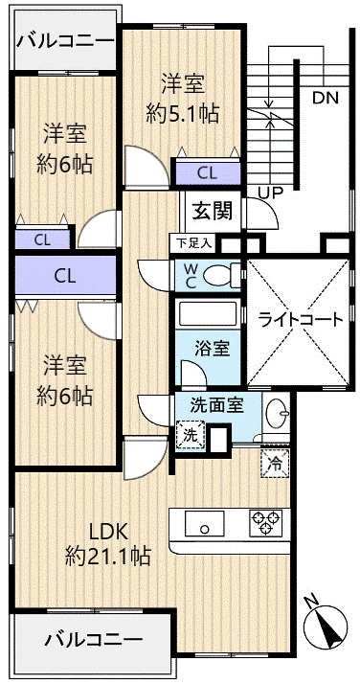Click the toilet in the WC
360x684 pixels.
tap(220, 275)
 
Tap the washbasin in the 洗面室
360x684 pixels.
tap(278, 412)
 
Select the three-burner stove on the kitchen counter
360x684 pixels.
tap(264, 523)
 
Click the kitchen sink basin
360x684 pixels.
tap(204, 523)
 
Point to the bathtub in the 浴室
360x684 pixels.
tap(208, 313)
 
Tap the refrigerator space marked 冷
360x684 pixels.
tap(273, 462)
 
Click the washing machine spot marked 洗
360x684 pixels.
tap(191, 435)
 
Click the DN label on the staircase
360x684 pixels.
tap(326, 98)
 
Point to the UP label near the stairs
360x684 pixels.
tap(270, 192)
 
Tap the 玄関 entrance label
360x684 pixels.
tap(213, 213)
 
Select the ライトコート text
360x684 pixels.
tap(301, 321)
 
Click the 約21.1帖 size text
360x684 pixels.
tap(108, 556)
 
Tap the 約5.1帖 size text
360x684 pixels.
tap(183, 114)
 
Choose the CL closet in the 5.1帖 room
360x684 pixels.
tap(208, 173)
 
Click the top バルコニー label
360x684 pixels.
tap(65, 41)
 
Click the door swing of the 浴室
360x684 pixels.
tap(192, 372)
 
